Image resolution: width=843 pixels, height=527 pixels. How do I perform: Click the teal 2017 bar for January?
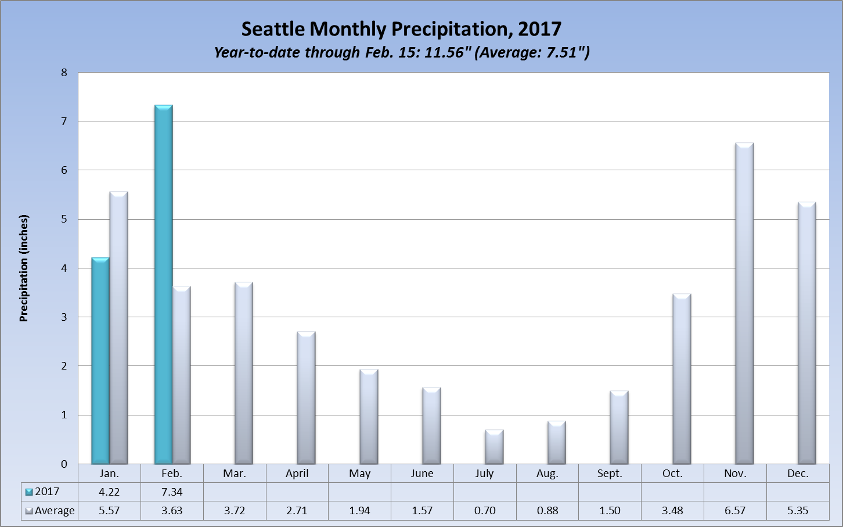coord(100,360)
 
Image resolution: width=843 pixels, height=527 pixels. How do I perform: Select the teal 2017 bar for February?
coord(163,285)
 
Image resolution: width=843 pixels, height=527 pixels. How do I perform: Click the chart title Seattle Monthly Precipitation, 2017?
coord(401,29)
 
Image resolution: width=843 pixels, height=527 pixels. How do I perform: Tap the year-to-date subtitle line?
coord(401,52)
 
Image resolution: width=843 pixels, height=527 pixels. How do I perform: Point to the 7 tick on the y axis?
coord(64,121)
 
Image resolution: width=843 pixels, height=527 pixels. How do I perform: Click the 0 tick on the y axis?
coord(64,464)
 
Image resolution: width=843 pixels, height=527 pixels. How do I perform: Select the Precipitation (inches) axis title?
coord(24,268)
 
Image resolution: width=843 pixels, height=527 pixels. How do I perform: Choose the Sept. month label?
coord(610,474)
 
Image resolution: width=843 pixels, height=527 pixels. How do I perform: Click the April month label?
coord(297,474)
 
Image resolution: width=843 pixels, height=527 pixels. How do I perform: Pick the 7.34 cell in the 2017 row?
coord(172,492)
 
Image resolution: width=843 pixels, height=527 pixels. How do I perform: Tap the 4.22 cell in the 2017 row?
coord(109,492)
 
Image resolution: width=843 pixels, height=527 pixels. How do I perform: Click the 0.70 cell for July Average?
coord(485,511)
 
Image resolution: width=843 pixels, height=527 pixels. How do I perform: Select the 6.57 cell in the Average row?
coord(735,511)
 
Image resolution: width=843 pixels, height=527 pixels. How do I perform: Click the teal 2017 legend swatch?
coord(29,492)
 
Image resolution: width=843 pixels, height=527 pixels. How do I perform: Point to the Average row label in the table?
coord(55,511)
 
